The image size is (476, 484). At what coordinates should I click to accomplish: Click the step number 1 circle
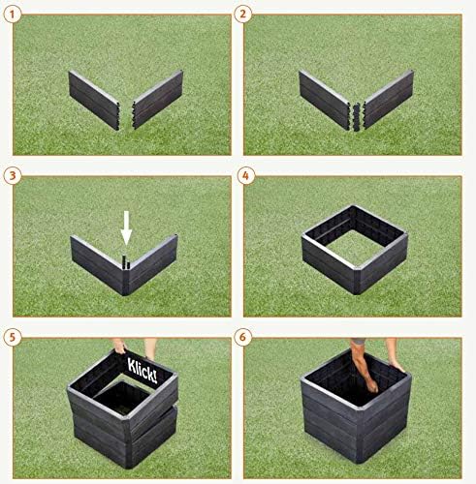click(x=13, y=15)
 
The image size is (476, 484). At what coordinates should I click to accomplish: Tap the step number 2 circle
click(x=243, y=15)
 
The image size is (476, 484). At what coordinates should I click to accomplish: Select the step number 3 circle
click(x=13, y=176)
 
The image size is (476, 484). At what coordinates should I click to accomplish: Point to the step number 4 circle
click(x=245, y=176)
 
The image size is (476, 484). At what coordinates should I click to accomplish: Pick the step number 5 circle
click(x=13, y=338)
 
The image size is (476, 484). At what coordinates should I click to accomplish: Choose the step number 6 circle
click(x=243, y=338)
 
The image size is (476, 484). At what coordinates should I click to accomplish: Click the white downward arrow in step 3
click(x=126, y=227)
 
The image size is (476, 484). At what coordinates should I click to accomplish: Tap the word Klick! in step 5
click(x=143, y=370)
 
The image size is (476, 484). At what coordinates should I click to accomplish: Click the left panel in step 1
click(x=94, y=100)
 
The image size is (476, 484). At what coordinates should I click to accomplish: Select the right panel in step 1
click(x=158, y=99)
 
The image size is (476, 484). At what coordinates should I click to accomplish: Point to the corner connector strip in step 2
click(x=357, y=117)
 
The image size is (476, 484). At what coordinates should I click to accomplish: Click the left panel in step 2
click(x=325, y=100)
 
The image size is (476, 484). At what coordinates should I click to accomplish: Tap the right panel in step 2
click(x=388, y=99)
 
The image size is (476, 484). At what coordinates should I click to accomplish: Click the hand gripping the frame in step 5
click(x=120, y=347)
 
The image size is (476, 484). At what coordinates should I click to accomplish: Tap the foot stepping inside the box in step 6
click(x=371, y=385)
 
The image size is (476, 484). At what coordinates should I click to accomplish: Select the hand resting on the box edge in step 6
click(x=397, y=365)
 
